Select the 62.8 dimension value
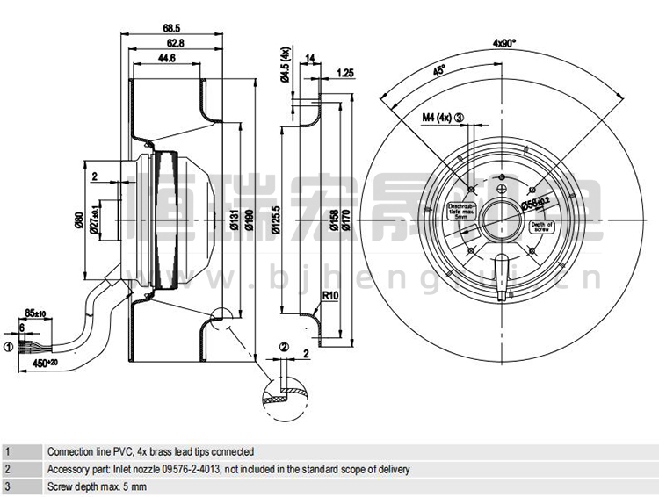point(180,43)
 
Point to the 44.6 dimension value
point(166,58)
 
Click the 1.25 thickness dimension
point(345,74)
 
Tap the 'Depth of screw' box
point(540,227)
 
